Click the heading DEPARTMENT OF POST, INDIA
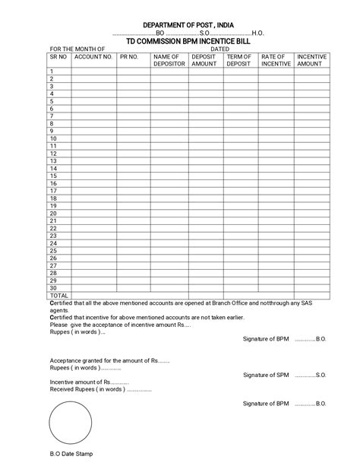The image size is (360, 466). pyautogui.click(x=180, y=25)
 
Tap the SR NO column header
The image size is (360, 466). pyautogui.click(x=59, y=57)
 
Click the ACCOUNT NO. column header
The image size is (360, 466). pyautogui.click(x=93, y=57)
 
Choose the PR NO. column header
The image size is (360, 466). pyautogui.click(x=128, y=57)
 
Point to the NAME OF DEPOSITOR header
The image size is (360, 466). pyautogui.click(x=166, y=60)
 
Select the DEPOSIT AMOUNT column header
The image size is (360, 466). pyautogui.click(x=204, y=60)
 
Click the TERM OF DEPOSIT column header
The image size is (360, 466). pyautogui.click(x=238, y=60)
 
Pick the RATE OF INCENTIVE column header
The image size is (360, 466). pyautogui.click(x=274, y=60)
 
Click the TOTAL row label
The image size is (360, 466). pyautogui.click(x=59, y=295)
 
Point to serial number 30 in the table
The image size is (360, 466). pyautogui.click(x=53, y=287)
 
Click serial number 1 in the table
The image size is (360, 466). pyautogui.click(x=52, y=71)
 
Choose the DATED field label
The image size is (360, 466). pyautogui.click(x=219, y=49)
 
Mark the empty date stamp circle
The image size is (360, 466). pyautogui.click(x=73, y=423)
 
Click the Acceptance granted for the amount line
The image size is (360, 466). pyautogui.click(x=109, y=360)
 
